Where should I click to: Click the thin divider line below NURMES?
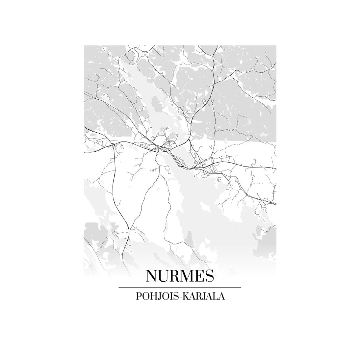[180, 287]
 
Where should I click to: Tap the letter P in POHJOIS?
[138, 296]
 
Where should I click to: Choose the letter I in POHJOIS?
[172, 296]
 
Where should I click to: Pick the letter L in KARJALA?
[216, 296]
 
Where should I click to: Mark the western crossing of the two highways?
[114, 144]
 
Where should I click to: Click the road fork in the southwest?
[129, 230]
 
